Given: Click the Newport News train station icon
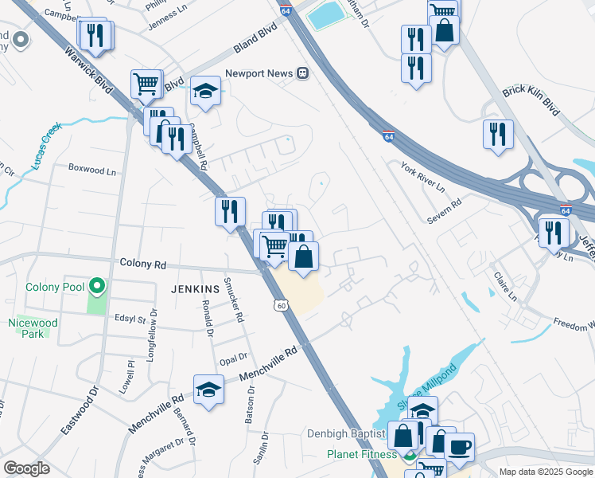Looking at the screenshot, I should pyautogui.click(x=303, y=72).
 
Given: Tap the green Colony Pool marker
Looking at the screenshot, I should pyautogui.click(x=97, y=284).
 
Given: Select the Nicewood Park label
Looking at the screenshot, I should pyautogui.click(x=27, y=328).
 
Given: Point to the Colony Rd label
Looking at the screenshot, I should pyautogui.click(x=142, y=263).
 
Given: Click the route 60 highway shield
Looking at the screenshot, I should pyautogui.click(x=281, y=305).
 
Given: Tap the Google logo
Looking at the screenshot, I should pyautogui.click(x=26, y=468).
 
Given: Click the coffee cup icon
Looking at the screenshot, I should pyautogui.click(x=459, y=446).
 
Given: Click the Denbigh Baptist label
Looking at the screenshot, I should pyautogui.click(x=347, y=434).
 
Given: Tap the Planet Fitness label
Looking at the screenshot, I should pyautogui.click(x=360, y=455).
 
